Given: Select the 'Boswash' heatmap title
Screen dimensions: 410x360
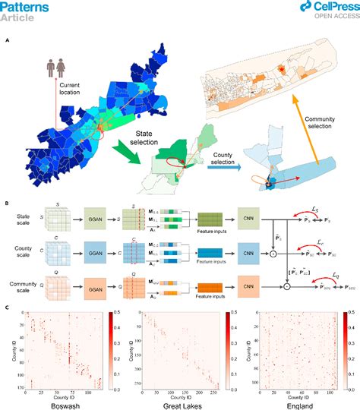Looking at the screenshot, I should [57, 402].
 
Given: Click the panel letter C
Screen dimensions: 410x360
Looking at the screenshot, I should [7, 306].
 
